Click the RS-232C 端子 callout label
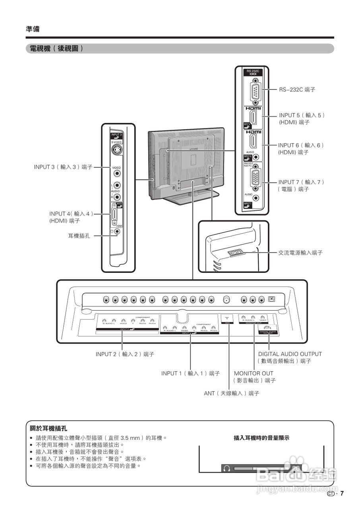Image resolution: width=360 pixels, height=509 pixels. [x=297, y=90]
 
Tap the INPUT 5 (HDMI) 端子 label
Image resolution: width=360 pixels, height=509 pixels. [x=302, y=119]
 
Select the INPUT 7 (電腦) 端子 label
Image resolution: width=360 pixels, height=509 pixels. [x=301, y=185]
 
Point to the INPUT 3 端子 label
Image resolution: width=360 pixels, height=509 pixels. [x=63, y=167]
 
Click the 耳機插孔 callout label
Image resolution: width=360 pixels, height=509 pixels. [x=79, y=236]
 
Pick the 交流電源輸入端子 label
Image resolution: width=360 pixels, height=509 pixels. [x=300, y=253]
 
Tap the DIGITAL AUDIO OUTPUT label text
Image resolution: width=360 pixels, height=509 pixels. [x=290, y=354]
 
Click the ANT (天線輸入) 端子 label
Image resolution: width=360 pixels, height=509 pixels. [x=231, y=393]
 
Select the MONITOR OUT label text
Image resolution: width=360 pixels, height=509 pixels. [x=254, y=373]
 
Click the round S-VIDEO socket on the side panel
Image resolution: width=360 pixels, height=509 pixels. [x=116, y=151]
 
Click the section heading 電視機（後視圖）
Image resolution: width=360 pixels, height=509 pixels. [x=54, y=49]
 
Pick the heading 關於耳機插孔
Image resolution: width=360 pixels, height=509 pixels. [x=48, y=429]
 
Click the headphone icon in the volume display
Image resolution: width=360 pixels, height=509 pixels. [x=227, y=468]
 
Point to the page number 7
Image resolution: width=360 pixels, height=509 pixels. [x=341, y=493]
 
